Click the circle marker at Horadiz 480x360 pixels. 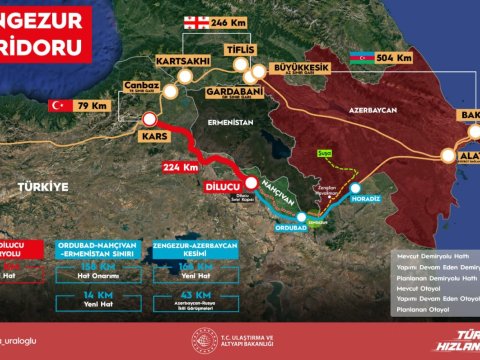click(x=357, y=186)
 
